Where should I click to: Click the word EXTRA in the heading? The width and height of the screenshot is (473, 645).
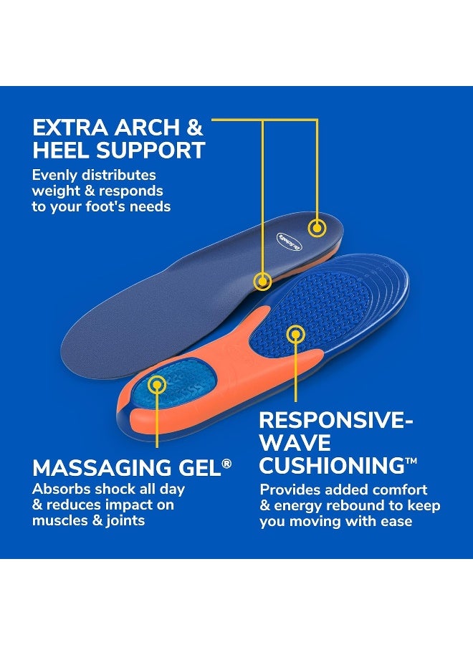(x=71, y=129)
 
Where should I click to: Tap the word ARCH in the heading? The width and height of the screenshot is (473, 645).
(x=148, y=129)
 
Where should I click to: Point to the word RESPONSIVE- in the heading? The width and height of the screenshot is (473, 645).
(x=336, y=420)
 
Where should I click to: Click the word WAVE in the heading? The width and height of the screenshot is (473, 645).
(x=295, y=442)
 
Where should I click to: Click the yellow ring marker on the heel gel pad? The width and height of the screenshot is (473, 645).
(x=157, y=384)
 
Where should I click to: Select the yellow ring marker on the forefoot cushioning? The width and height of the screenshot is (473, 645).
(x=295, y=333)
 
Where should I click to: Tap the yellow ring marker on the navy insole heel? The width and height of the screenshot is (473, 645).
(x=317, y=228)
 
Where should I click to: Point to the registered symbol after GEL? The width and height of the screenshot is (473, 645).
(x=227, y=464)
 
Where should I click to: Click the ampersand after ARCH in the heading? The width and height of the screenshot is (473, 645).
(x=194, y=129)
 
